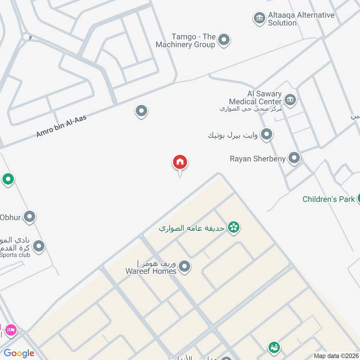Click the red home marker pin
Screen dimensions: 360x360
180,162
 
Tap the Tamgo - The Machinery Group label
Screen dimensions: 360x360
185,40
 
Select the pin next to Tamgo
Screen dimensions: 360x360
224,40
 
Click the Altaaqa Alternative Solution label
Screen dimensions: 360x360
301,19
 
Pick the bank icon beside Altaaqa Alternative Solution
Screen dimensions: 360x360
259,18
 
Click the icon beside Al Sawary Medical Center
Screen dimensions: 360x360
290,99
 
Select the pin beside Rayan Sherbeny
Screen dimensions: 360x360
294,158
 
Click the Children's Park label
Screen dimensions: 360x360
328,199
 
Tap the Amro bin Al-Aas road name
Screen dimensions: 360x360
61,126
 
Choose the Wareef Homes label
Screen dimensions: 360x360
151,271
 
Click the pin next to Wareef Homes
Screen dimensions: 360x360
184,267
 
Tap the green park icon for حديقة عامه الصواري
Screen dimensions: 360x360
233,228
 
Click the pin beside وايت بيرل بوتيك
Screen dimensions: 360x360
267,134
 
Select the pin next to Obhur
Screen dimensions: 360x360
30,217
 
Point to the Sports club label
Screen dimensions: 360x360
15,255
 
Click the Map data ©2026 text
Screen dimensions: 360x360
335,355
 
